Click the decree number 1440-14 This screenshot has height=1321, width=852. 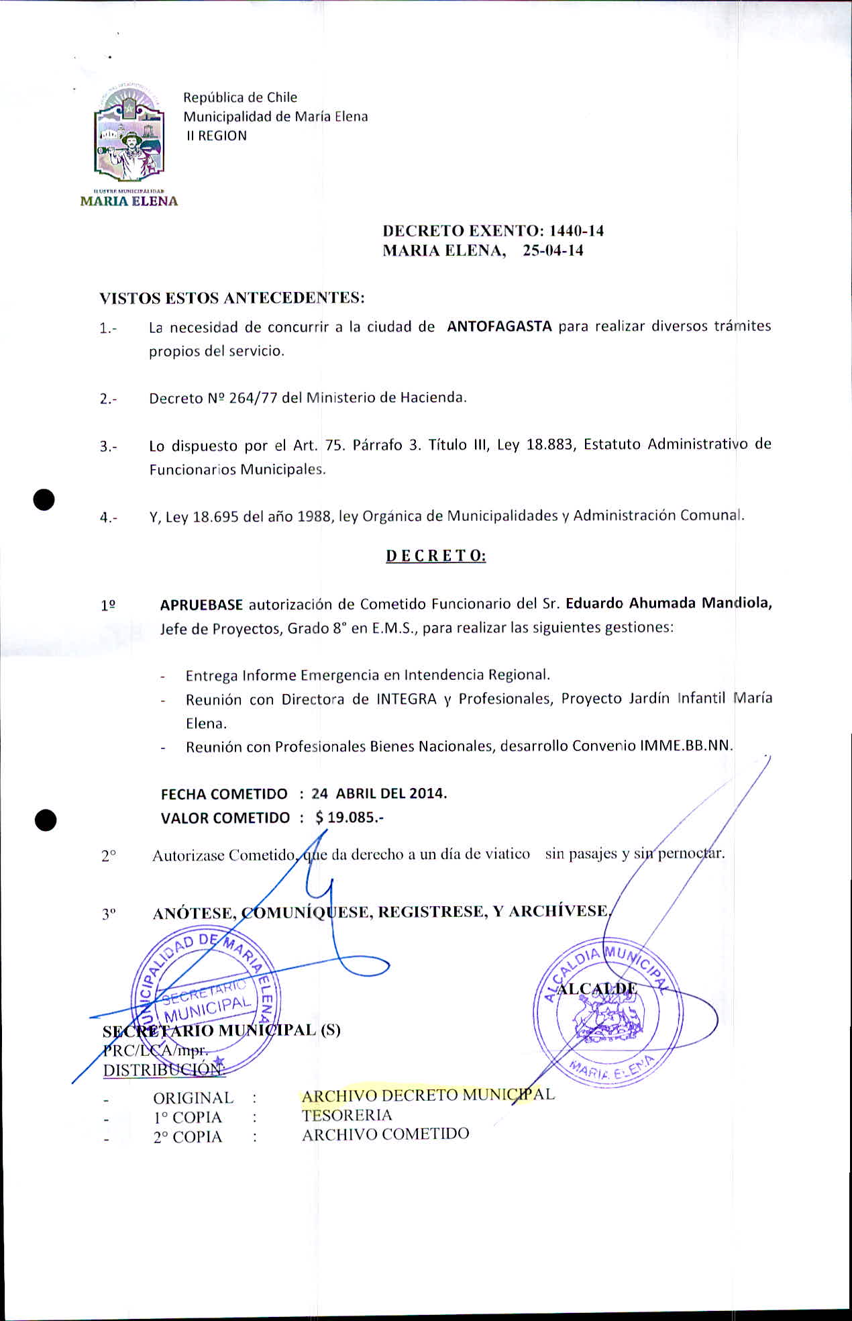(x=576, y=231)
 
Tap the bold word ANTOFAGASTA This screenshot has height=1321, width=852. (x=499, y=327)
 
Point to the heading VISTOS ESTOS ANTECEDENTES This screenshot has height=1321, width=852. (x=232, y=297)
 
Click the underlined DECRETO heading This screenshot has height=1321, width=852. (x=435, y=556)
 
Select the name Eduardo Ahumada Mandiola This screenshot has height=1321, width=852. (x=668, y=603)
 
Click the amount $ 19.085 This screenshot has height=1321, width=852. (x=349, y=818)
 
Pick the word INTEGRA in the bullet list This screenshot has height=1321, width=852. (x=406, y=699)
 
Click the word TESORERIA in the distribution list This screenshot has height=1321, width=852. (x=347, y=1115)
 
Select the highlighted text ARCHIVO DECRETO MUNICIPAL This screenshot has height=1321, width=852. (x=428, y=1095)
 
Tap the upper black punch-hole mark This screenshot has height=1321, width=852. (x=44, y=500)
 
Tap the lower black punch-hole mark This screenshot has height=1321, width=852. (x=46, y=820)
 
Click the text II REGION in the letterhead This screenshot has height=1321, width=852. (x=217, y=136)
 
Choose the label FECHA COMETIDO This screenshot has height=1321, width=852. (x=224, y=794)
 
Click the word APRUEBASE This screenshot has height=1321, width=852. (x=201, y=605)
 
